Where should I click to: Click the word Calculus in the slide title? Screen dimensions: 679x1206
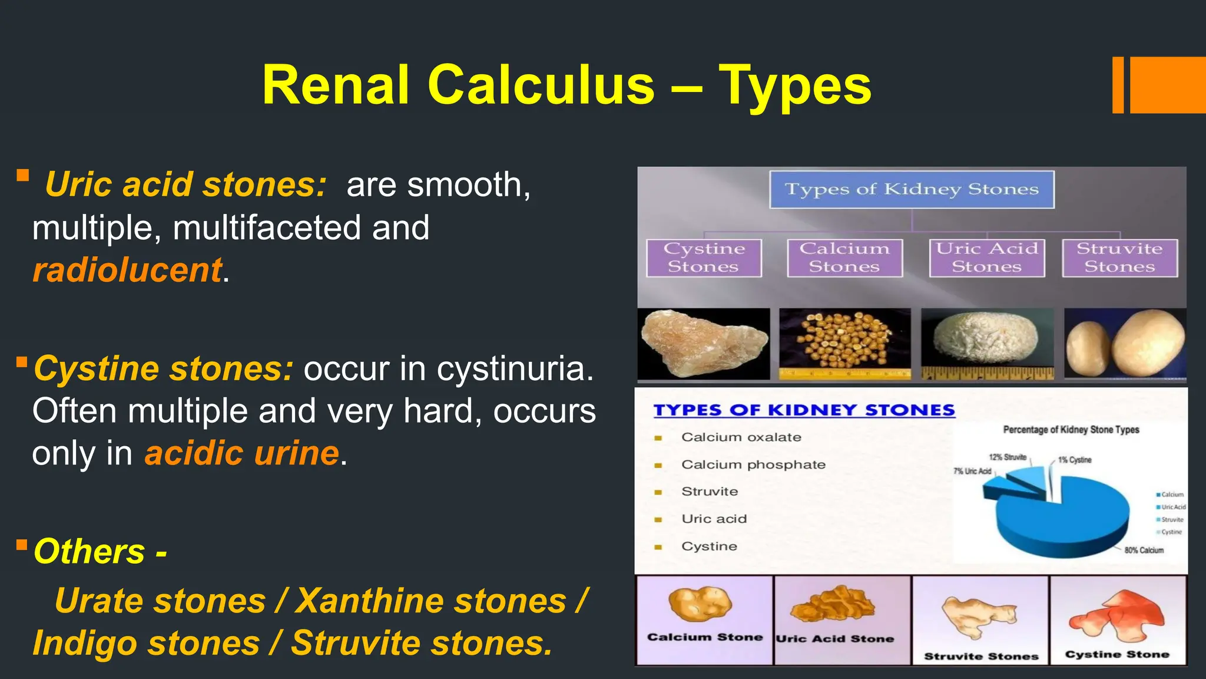[x=541, y=85]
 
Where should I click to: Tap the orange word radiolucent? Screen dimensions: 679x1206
[x=127, y=270]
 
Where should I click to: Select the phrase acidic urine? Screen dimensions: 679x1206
[x=241, y=453]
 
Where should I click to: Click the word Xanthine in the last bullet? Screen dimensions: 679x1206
[x=430, y=601]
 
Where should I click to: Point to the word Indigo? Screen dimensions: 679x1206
[x=87, y=643]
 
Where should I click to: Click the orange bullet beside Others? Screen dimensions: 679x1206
[x=22, y=543]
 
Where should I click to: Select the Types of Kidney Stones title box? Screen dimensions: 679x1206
[x=912, y=189]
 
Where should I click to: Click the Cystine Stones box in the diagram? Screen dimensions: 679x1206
[x=704, y=258]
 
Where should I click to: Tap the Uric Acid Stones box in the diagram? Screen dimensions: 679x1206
[x=987, y=258]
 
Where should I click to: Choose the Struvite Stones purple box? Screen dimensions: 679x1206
[x=1119, y=258]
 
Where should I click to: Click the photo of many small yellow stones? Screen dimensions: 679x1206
[x=844, y=343]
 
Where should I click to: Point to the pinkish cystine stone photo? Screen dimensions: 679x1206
[x=704, y=343]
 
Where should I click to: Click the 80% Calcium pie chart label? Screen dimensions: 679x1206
[x=1144, y=551]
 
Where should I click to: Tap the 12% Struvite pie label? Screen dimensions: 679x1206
[x=1007, y=457]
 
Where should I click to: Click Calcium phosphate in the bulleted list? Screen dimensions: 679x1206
[x=753, y=464]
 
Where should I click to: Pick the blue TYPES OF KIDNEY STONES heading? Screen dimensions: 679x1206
[x=804, y=410]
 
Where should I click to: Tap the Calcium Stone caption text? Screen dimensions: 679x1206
[x=705, y=637]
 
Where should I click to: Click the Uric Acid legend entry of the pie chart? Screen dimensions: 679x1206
[x=1172, y=507]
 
